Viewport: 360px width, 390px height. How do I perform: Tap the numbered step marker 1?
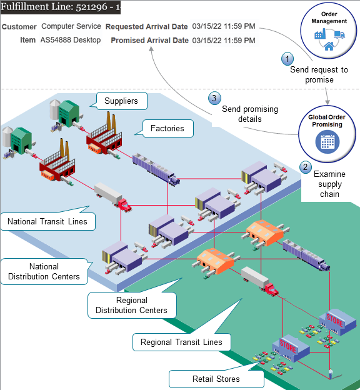click(287, 58)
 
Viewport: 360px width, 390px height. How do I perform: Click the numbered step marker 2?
click(305, 167)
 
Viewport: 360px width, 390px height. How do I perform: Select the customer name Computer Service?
click(71, 27)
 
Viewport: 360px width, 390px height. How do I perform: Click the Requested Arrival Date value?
click(224, 27)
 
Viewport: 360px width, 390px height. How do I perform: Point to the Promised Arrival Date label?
click(149, 41)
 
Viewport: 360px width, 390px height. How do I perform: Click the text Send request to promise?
click(319, 75)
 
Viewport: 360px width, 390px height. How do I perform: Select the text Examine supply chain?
click(328, 184)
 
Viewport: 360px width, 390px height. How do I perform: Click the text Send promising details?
click(249, 114)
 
